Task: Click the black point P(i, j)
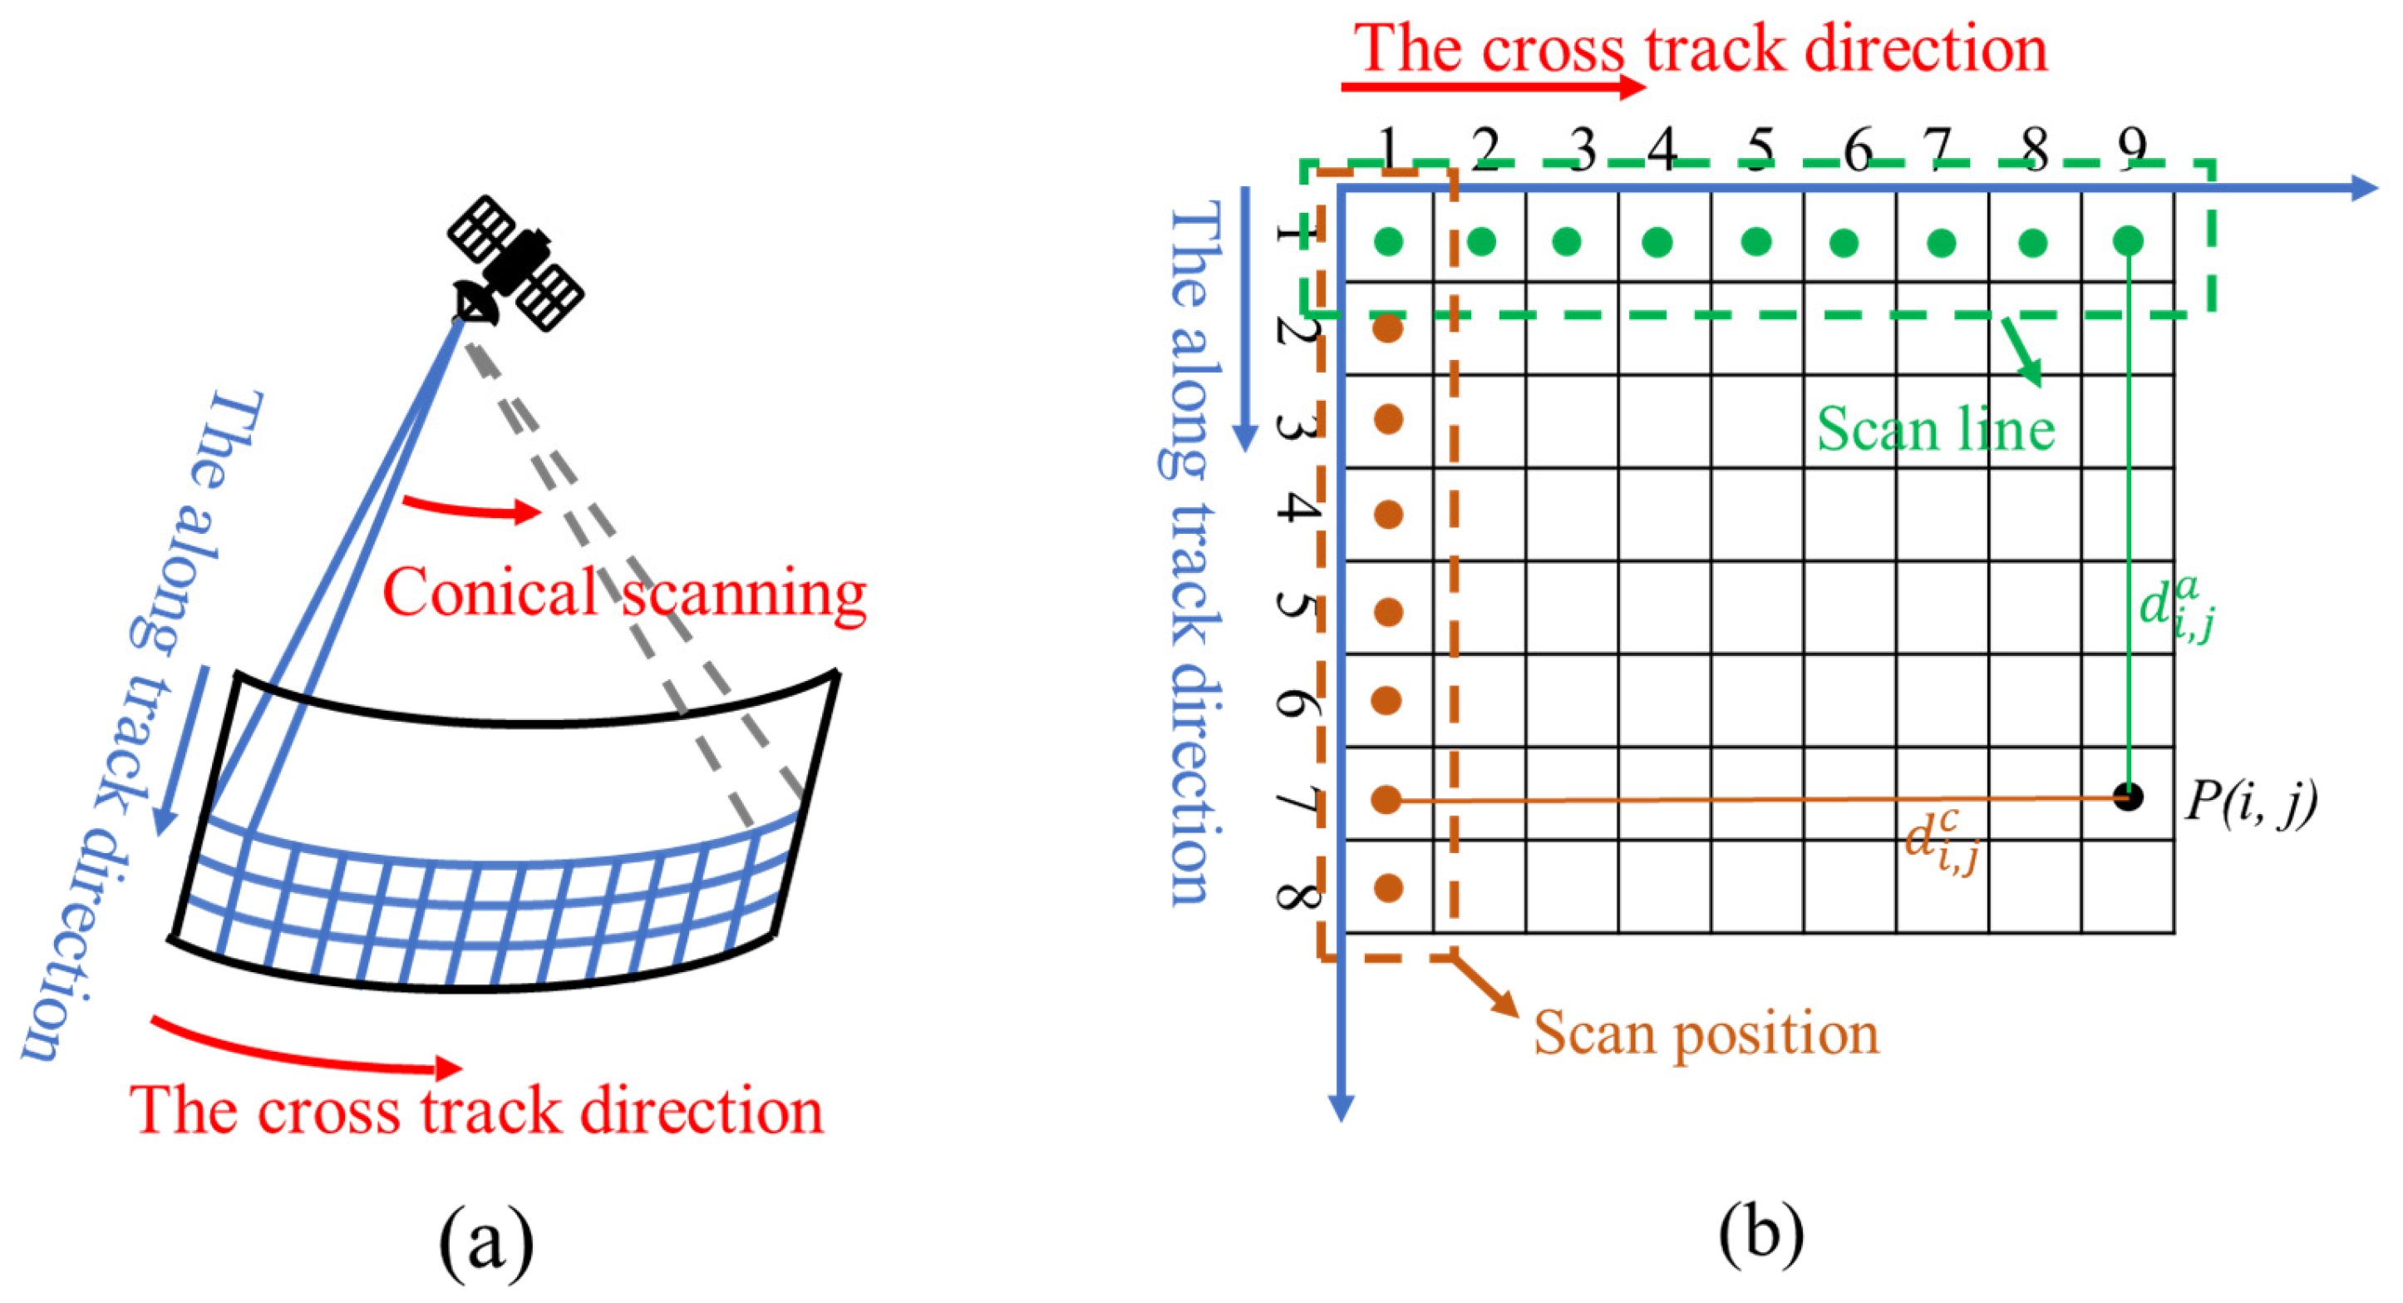[2128, 797]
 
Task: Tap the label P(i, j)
[2250, 801]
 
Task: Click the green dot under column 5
[1756, 242]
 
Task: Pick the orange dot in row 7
[1387, 799]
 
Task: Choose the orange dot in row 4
[1388, 514]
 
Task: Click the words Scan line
[1936, 430]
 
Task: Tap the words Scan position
[1706, 1034]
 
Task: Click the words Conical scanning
[624, 593]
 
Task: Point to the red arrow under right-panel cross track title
[1493, 86]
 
